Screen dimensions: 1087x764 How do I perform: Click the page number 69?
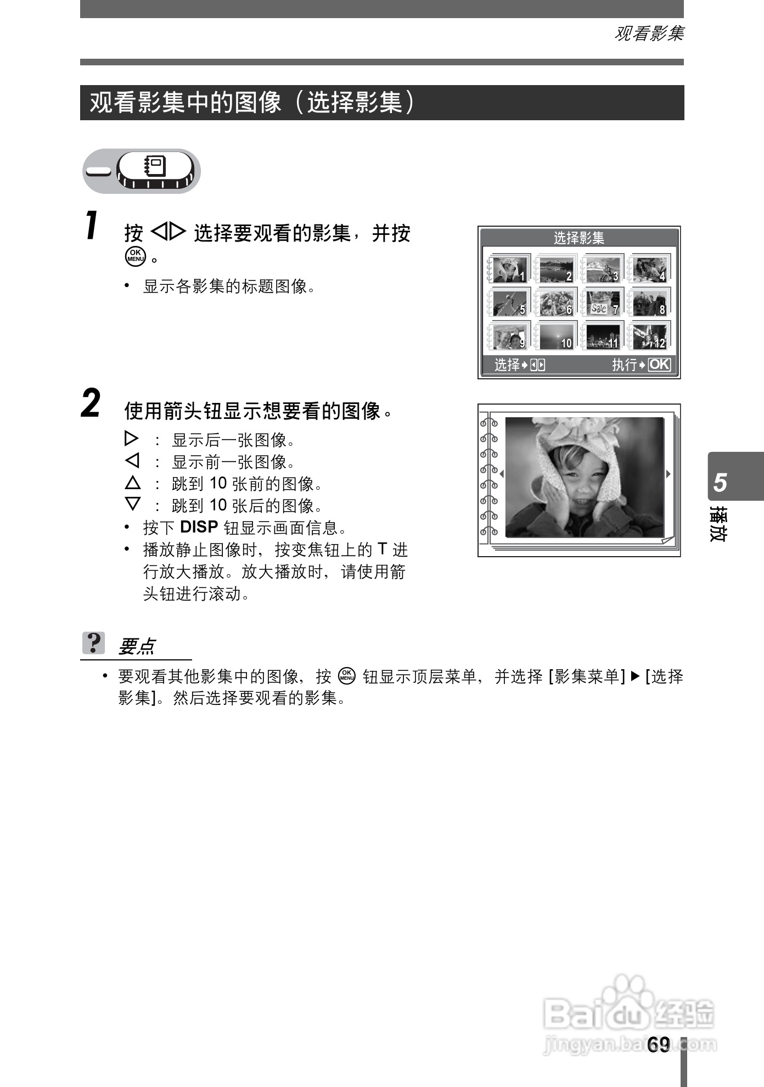click(659, 1045)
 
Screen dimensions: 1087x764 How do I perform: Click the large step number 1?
click(92, 226)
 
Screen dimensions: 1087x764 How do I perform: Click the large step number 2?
click(91, 404)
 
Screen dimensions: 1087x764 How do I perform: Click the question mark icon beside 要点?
click(93, 643)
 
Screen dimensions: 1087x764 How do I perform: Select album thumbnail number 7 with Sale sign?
click(602, 303)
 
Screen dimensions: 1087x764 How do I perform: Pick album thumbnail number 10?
click(555, 336)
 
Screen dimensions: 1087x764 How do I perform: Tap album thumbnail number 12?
click(649, 336)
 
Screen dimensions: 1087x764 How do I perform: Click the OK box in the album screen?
click(659, 365)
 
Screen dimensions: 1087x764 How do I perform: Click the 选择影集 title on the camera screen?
click(578, 238)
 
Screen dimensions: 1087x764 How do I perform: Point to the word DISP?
click(199, 527)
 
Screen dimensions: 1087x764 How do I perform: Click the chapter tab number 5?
click(720, 482)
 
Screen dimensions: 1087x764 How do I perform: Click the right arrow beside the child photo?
click(668, 474)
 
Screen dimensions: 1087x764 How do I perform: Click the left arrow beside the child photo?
click(501, 474)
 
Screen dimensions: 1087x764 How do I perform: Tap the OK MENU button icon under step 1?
click(135, 256)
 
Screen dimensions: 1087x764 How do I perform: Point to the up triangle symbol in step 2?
click(132, 483)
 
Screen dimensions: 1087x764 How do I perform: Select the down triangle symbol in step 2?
click(132, 504)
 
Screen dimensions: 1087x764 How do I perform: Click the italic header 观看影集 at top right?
click(649, 34)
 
